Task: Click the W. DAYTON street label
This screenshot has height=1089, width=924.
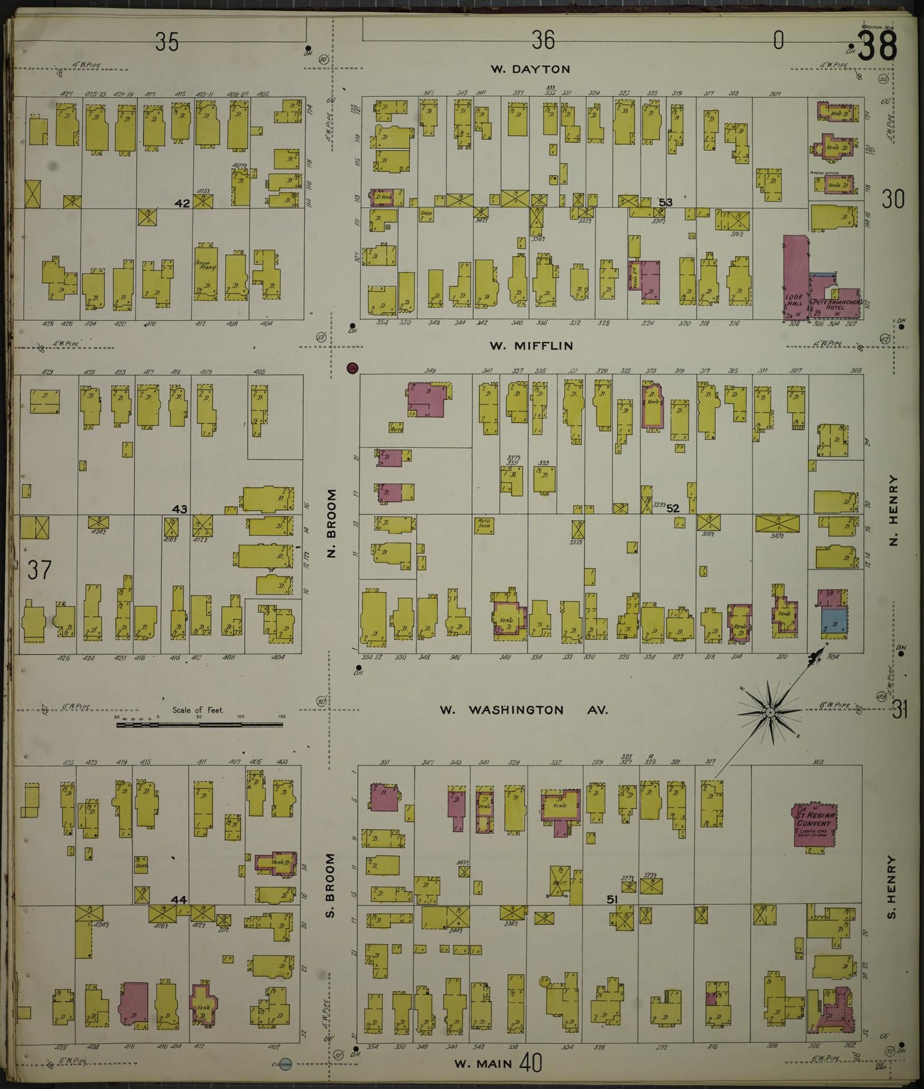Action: coord(530,69)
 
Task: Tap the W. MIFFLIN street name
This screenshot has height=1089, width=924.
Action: coord(531,346)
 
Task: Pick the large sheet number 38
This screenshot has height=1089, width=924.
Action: coord(879,47)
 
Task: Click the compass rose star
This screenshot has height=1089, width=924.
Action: coord(771,712)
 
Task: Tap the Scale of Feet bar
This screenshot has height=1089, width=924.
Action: coord(201,725)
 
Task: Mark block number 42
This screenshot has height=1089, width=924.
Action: coord(182,203)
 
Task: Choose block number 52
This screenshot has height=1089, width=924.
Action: coord(673,509)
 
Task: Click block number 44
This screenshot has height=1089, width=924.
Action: coord(178,900)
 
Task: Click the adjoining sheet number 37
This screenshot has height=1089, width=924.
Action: coord(39,569)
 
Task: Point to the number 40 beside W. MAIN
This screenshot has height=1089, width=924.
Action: coord(531,1063)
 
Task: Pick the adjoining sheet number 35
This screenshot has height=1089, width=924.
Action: coord(166,42)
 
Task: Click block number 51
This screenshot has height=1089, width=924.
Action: coord(612,899)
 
